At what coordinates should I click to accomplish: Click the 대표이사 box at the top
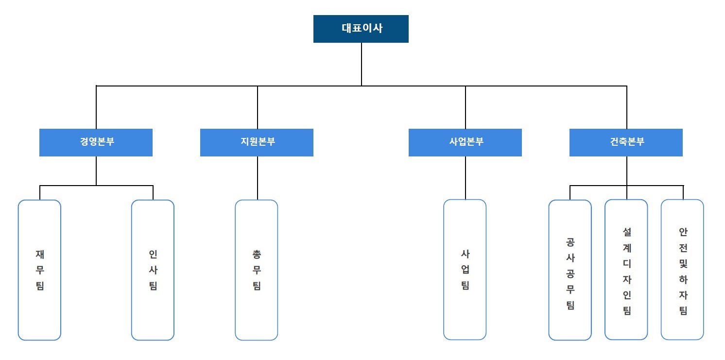[361, 29]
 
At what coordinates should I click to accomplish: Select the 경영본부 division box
[96, 142]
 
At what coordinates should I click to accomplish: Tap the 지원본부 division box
[257, 142]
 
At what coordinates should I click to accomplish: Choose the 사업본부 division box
[465, 142]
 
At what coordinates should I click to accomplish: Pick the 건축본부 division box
[626, 142]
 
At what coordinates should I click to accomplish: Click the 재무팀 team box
[39, 270]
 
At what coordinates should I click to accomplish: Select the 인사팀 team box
[153, 270]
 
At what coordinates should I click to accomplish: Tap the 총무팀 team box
[257, 270]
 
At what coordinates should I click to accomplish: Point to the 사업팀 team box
[465, 270]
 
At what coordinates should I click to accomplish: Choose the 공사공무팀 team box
[570, 270]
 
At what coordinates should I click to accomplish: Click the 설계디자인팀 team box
[626, 270]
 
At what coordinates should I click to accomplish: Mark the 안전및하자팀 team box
[682, 270]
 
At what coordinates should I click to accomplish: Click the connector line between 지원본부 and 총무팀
[258, 178]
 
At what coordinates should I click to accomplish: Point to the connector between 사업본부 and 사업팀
[466, 178]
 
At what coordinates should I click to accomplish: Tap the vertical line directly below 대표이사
[362, 64]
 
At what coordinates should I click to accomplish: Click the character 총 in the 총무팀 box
[257, 254]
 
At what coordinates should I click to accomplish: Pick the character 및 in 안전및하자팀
[683, 264]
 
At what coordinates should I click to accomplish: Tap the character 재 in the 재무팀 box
[40, 254]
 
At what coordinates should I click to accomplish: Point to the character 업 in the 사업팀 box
[465, 270]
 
